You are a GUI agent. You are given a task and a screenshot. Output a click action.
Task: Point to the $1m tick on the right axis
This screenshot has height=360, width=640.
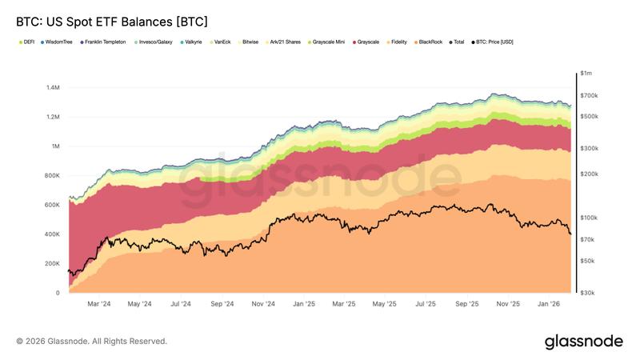click(x=588, y=74)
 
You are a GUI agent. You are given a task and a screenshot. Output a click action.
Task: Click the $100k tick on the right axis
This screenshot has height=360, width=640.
click(x=590, y=218)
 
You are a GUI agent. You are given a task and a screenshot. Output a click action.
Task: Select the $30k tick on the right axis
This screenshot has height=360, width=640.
click(x=589, y=293)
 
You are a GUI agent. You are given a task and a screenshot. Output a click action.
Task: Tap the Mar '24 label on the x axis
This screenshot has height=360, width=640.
click(x=98, y=304)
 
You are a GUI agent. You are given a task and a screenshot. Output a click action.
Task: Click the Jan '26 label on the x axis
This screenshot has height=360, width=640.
click(x=549, y=304)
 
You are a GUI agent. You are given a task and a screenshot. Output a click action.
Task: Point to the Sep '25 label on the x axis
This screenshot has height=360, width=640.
click(x=467, y=304)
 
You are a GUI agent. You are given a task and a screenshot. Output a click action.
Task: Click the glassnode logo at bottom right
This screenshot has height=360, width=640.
click(x=583, y=342)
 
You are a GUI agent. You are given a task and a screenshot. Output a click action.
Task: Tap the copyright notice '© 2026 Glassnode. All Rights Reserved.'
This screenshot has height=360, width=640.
click(x=92, y=342)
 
